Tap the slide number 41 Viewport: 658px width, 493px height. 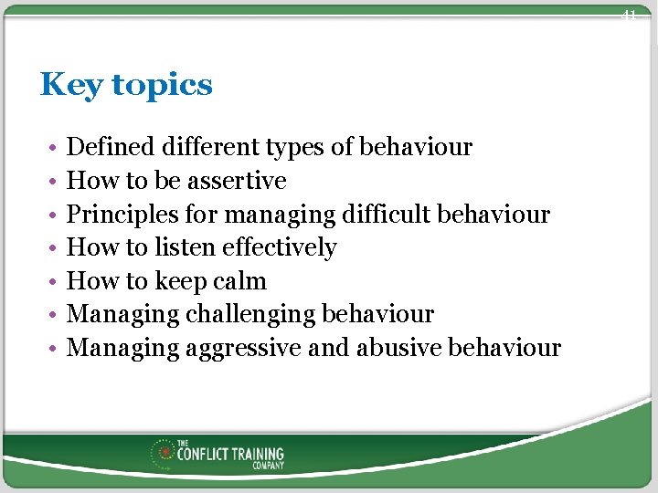[x=628, y=15]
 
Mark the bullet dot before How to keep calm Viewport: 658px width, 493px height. [x=55, y=282]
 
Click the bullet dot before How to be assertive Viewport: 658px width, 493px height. [x=55, y=182]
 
